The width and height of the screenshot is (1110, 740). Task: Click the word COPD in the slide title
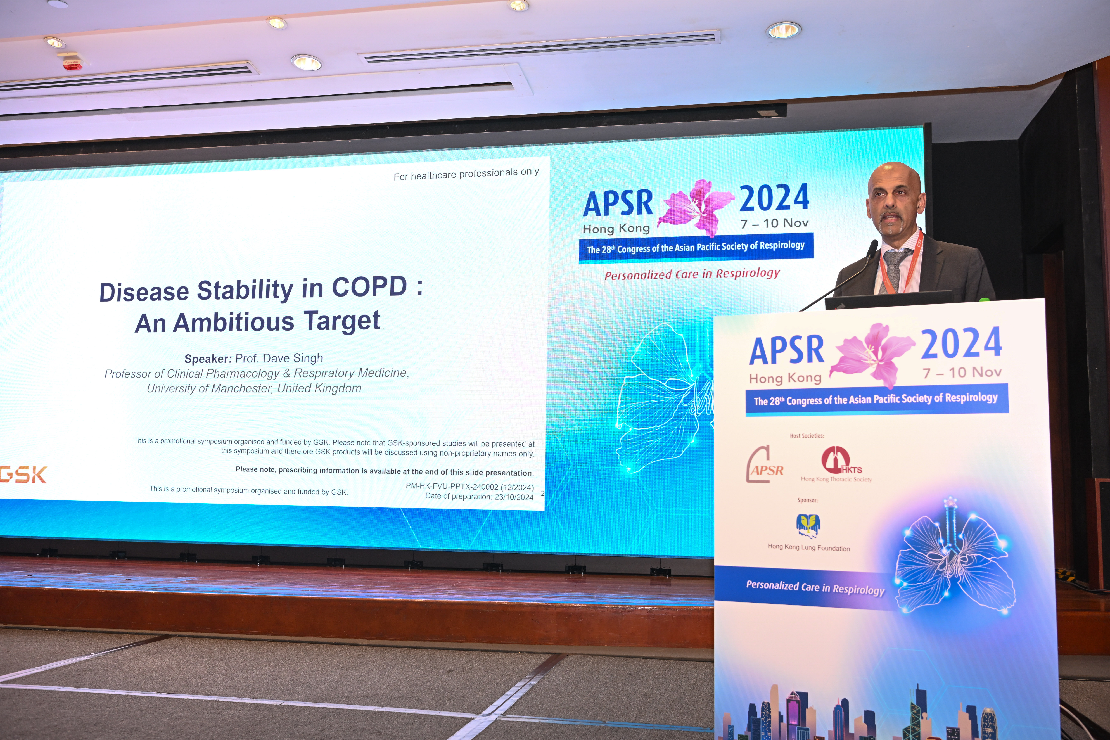369,286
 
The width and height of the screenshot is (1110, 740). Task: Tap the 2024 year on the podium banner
961,343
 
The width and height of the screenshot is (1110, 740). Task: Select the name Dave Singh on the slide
293,358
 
